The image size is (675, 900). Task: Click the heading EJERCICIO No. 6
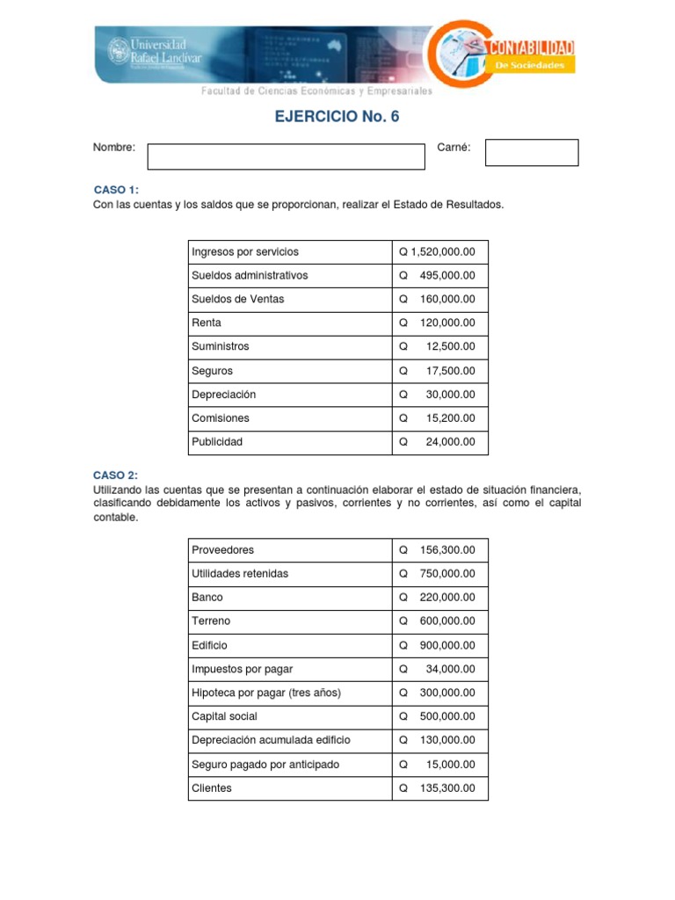tap(338, 117)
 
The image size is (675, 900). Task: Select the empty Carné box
tap(532, 152)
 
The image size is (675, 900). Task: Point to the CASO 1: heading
tap(116, 190)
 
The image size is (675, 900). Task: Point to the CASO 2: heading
tap(116, 475)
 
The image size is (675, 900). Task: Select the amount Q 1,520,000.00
tap(437, 252)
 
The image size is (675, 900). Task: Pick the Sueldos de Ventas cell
tap(238, 300)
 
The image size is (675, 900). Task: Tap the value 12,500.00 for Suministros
tap(450, 347)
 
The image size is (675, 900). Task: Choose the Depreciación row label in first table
tap(224, 395)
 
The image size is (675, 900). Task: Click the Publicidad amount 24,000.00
tap(450, 442)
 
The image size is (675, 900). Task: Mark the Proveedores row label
tap(223, 550)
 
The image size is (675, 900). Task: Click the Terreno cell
tap(211, 621)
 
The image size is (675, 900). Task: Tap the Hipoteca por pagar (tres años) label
tap(266, 693)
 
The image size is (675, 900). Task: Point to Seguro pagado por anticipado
tap(265, 765)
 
